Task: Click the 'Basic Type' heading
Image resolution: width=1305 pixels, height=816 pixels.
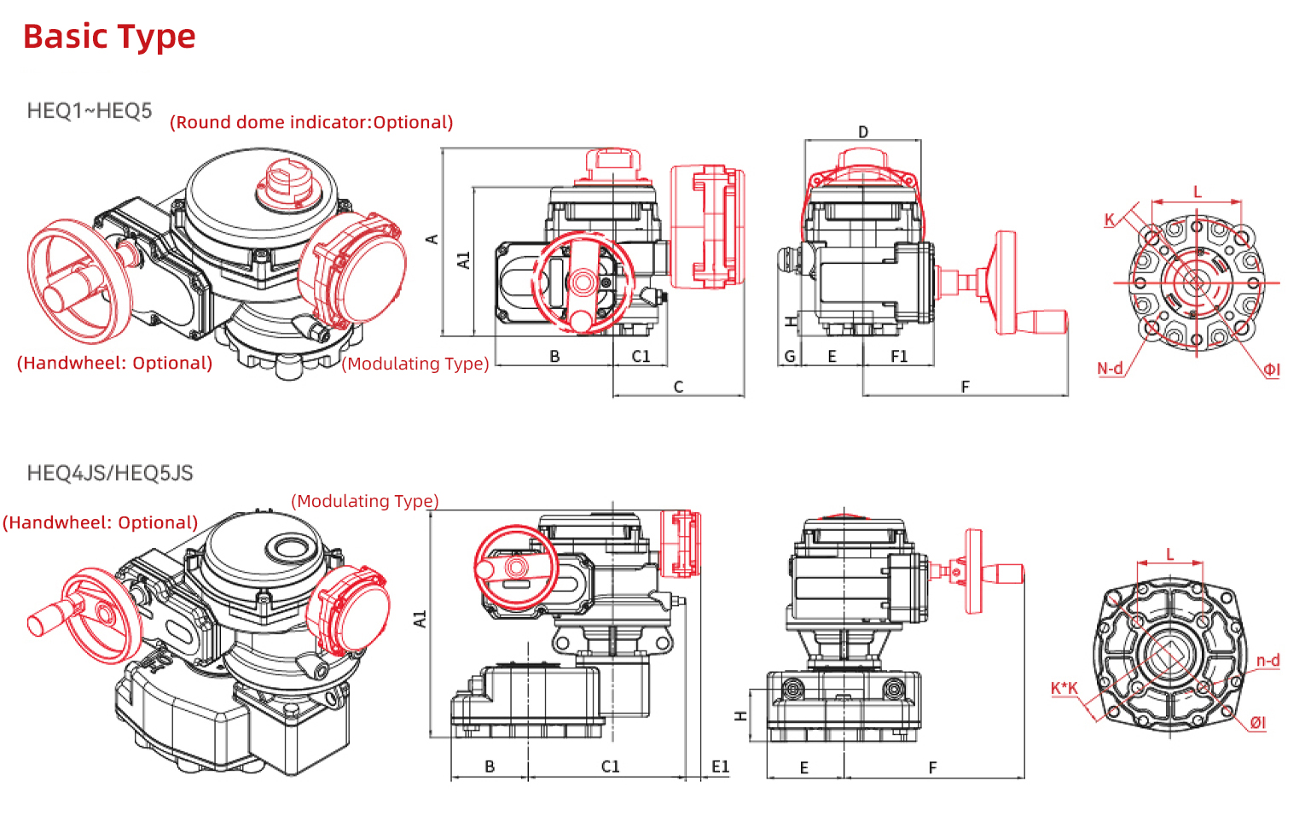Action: coord(109,37)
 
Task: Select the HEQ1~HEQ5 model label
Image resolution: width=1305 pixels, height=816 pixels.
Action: coord(90,110)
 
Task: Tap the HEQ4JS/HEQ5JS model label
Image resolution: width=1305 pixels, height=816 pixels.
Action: coord(109,473)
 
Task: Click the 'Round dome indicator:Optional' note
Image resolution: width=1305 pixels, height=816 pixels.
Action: coord(311,122)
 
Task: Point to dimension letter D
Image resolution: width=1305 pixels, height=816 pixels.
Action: coord(863,132)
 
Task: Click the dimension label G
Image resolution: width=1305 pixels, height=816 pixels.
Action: coord(790,356)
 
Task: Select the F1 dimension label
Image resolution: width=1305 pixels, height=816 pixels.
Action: coord(899,356)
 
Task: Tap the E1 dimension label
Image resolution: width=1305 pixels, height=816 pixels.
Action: coord(720,766)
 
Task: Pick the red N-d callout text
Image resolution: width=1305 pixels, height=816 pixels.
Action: coord(1109,369)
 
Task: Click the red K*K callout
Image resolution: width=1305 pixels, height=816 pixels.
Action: coord(1064,688)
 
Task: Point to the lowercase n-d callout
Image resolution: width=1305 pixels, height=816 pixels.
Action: coord(1267,661)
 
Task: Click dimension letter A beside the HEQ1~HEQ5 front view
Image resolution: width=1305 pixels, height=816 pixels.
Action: coord(432,239)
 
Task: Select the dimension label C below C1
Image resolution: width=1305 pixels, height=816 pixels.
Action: coord(678,387)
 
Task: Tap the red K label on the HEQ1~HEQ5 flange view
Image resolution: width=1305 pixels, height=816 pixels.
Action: coord(1109,219)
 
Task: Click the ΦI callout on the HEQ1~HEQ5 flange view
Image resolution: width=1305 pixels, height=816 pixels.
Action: coord(1271,370)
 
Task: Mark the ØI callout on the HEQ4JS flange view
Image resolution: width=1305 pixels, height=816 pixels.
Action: coord(1258,723)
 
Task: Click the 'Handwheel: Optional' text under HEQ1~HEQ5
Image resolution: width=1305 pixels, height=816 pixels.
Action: coord(115,363)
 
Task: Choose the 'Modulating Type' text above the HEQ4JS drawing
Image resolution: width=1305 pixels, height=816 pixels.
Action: coord(365,501)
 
